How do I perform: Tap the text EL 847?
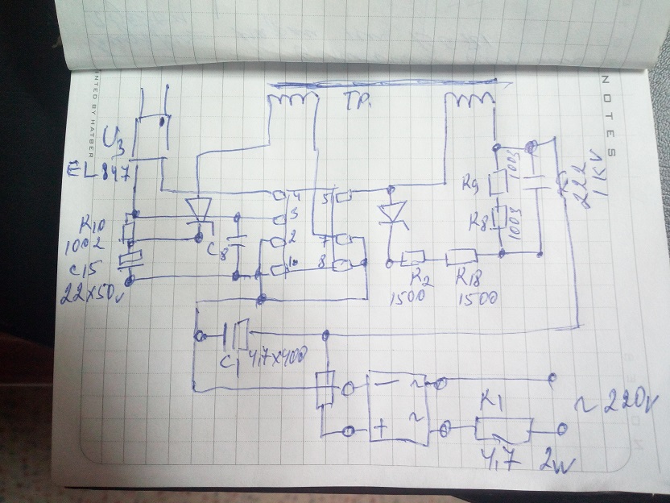click(100, 172)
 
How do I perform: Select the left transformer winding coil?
click(287, 102)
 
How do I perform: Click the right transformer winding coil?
click(470, 102)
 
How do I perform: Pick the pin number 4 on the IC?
click(297, 195)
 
